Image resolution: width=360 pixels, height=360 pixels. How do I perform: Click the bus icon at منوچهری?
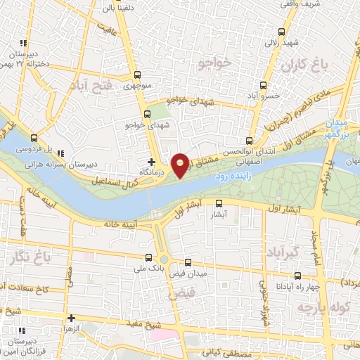coord(137,75)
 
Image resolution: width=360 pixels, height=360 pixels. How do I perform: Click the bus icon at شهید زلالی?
coord(282,32)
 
